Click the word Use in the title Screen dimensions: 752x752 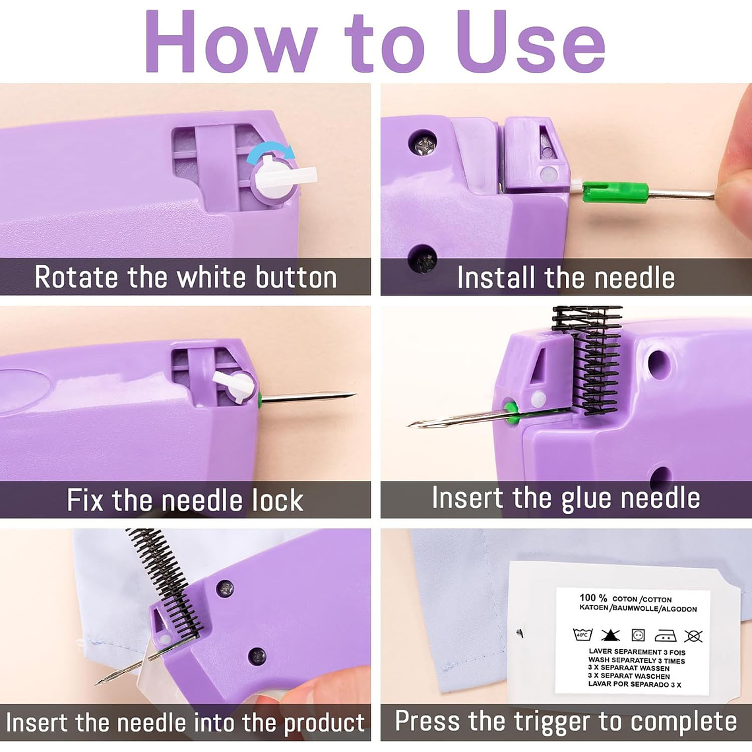(x=530, y=42)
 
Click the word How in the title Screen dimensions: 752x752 (x=231, y=42)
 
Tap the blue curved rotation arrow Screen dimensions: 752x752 (x=271, y=154)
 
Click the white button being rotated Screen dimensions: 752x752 (x=283, y=180)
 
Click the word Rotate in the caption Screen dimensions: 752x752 (x=77, y=277)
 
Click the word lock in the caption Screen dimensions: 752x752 (x=278, y=500)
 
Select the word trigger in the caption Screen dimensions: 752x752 (x=551, y=722)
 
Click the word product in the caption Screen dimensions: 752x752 (x=324, y=723)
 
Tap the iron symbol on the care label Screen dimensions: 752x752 (x=666, y=635)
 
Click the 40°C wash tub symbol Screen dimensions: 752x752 (x=582, y=635)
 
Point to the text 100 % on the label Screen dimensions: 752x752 (x=593, y=598)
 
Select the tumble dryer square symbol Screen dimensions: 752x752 (x=638, y=635)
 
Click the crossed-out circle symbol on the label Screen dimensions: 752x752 (x=693, y=636)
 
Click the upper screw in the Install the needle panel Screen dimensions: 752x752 (x=423, y=143)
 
